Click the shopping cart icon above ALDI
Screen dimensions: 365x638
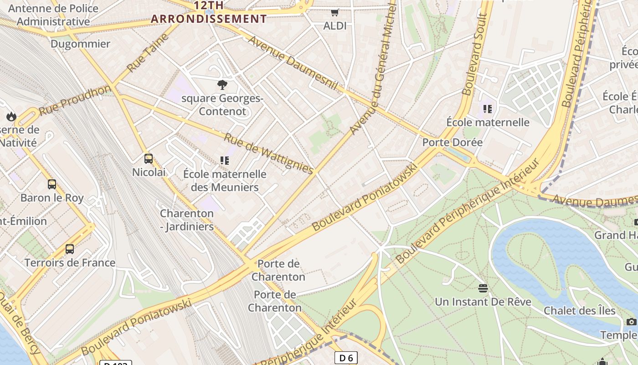coord(335,12)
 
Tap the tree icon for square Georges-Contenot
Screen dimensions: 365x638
coord(222,84)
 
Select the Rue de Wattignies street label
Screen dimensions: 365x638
coord(269,154)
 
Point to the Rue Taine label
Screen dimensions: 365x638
coord(148,52)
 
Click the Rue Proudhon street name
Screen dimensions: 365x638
coord(75,100)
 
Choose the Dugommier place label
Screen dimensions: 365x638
coord(80,44)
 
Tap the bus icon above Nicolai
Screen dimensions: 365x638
coord(149,159)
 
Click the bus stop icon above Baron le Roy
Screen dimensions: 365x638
coord(52,184)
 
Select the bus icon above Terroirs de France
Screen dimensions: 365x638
coord(70,249)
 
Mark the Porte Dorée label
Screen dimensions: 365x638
coord(452,142)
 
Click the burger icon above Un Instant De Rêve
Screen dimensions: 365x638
coord(483,288)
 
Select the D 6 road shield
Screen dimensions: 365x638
coord(346,358)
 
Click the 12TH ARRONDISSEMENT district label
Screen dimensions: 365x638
coord(209,12)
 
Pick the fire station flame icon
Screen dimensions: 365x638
coord(11,117)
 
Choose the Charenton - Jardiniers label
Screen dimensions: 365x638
coord(187,220)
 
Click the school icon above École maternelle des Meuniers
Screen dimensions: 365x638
coord(224,160)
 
